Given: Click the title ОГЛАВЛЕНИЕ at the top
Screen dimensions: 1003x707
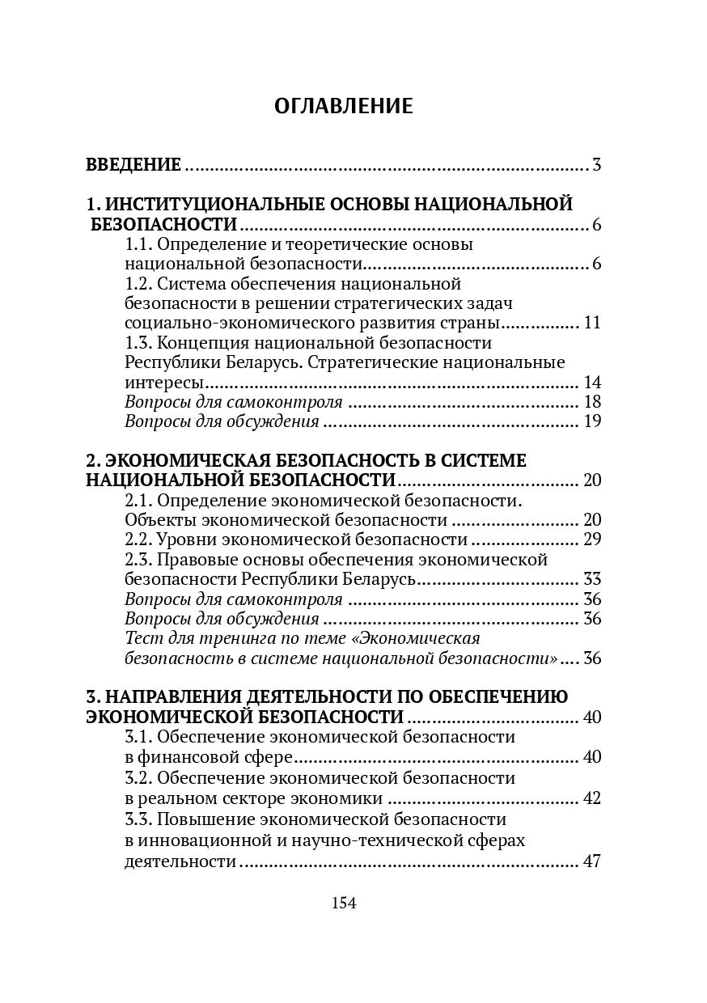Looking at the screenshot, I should pyautogui.click(x=343, y=106).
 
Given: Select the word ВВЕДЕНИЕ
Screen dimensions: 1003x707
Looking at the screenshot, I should pyautogui.click(x=133, y=166).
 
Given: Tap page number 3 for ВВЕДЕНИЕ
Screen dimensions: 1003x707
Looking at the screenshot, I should pyautogui.click(x=596, y=166).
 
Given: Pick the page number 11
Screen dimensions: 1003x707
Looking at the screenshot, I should pyautogui.click(x=592, y=323).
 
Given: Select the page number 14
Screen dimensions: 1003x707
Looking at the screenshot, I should pyautogui.click(x=592, y=382).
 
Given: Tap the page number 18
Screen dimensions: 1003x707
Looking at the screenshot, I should pyautogui.click(x=592, y=402).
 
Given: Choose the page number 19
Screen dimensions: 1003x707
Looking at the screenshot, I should pyautogui.click(x=592, y=421).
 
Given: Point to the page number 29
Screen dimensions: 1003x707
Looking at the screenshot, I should pyautogui.click(x=592, y=540).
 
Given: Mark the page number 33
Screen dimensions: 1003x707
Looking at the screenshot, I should pyautogui.click(x=592, y=579).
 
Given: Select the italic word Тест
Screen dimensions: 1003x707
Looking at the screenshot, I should pyautogui.click(x=142, y=638).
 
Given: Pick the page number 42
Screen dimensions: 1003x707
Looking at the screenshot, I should pyautogui.click(x=592, y=798).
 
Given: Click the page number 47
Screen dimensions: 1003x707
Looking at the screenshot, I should pyautogui.click(x=592, y=861).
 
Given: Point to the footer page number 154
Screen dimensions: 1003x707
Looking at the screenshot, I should pyautogui.click(x=344, y=904).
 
